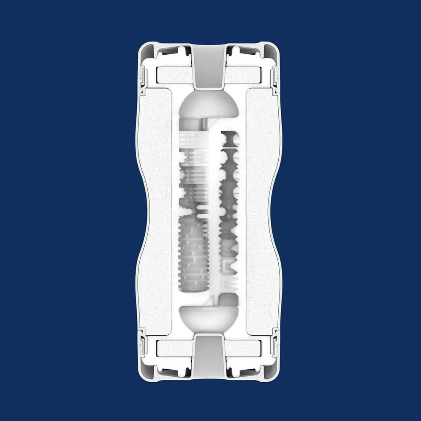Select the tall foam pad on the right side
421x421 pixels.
(262, 210)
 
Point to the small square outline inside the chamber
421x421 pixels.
(230, 266)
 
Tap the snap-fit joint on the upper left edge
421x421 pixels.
(143, 78)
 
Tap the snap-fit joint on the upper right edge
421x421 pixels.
(276, 78)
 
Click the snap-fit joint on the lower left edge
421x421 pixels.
(143, 343)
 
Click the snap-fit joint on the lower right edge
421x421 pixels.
(276, 343)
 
